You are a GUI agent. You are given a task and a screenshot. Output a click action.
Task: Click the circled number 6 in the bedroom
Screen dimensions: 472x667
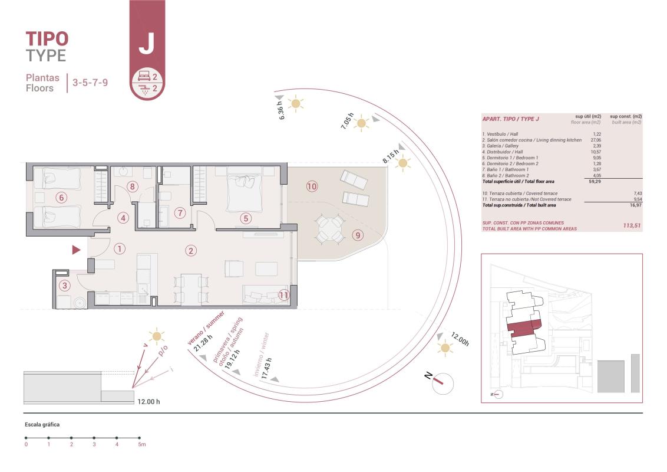point(61,197)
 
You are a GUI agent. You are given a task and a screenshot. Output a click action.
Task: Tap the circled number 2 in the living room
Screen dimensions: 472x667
point(191,250)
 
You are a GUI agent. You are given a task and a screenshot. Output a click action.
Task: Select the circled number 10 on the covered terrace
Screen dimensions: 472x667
point(312,186)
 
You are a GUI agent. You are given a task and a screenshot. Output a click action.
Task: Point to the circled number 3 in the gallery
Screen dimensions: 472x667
point(65,286)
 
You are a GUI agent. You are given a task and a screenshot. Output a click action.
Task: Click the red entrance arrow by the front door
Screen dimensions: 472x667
point(76,250)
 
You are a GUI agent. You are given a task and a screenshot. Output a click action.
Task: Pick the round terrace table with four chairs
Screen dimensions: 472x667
point(330,230)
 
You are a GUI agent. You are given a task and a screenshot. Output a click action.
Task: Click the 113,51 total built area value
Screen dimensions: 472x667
point(632,225)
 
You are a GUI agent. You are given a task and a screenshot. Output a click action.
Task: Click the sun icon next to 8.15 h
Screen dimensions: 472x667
point(403,165)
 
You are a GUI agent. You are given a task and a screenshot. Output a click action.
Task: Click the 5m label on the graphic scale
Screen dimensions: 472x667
point(141,444)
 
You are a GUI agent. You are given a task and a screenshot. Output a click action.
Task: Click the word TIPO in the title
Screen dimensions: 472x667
point(47,39)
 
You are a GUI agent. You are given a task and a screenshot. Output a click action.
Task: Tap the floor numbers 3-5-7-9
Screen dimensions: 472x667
point(90,83)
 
